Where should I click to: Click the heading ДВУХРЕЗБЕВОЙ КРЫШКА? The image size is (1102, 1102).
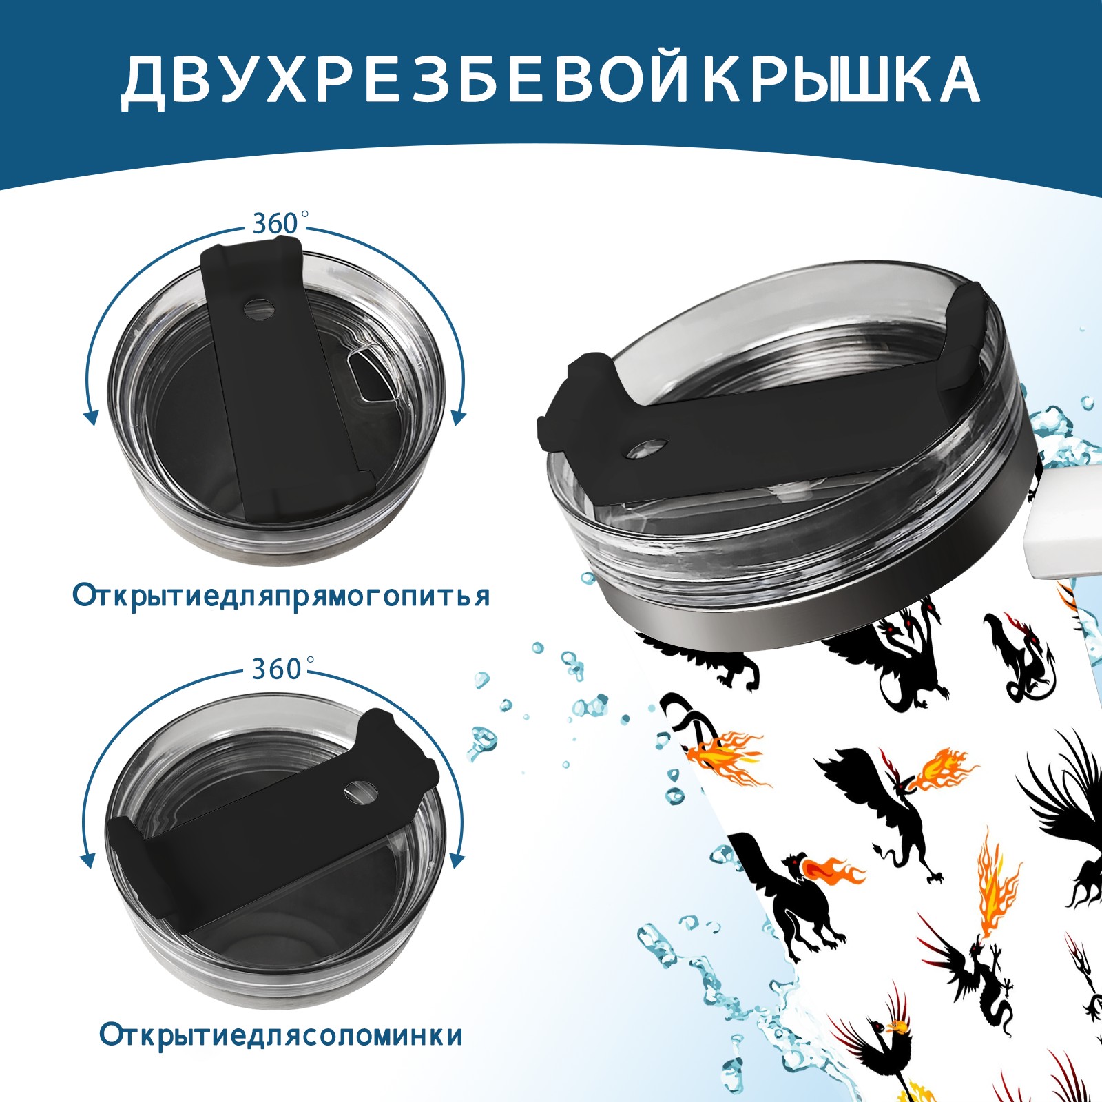(550, 81)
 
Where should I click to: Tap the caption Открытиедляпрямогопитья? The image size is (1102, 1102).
(281, 596)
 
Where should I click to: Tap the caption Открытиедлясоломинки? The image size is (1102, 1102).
(281, 1035)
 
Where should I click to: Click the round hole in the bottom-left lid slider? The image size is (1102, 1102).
(361, 791)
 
